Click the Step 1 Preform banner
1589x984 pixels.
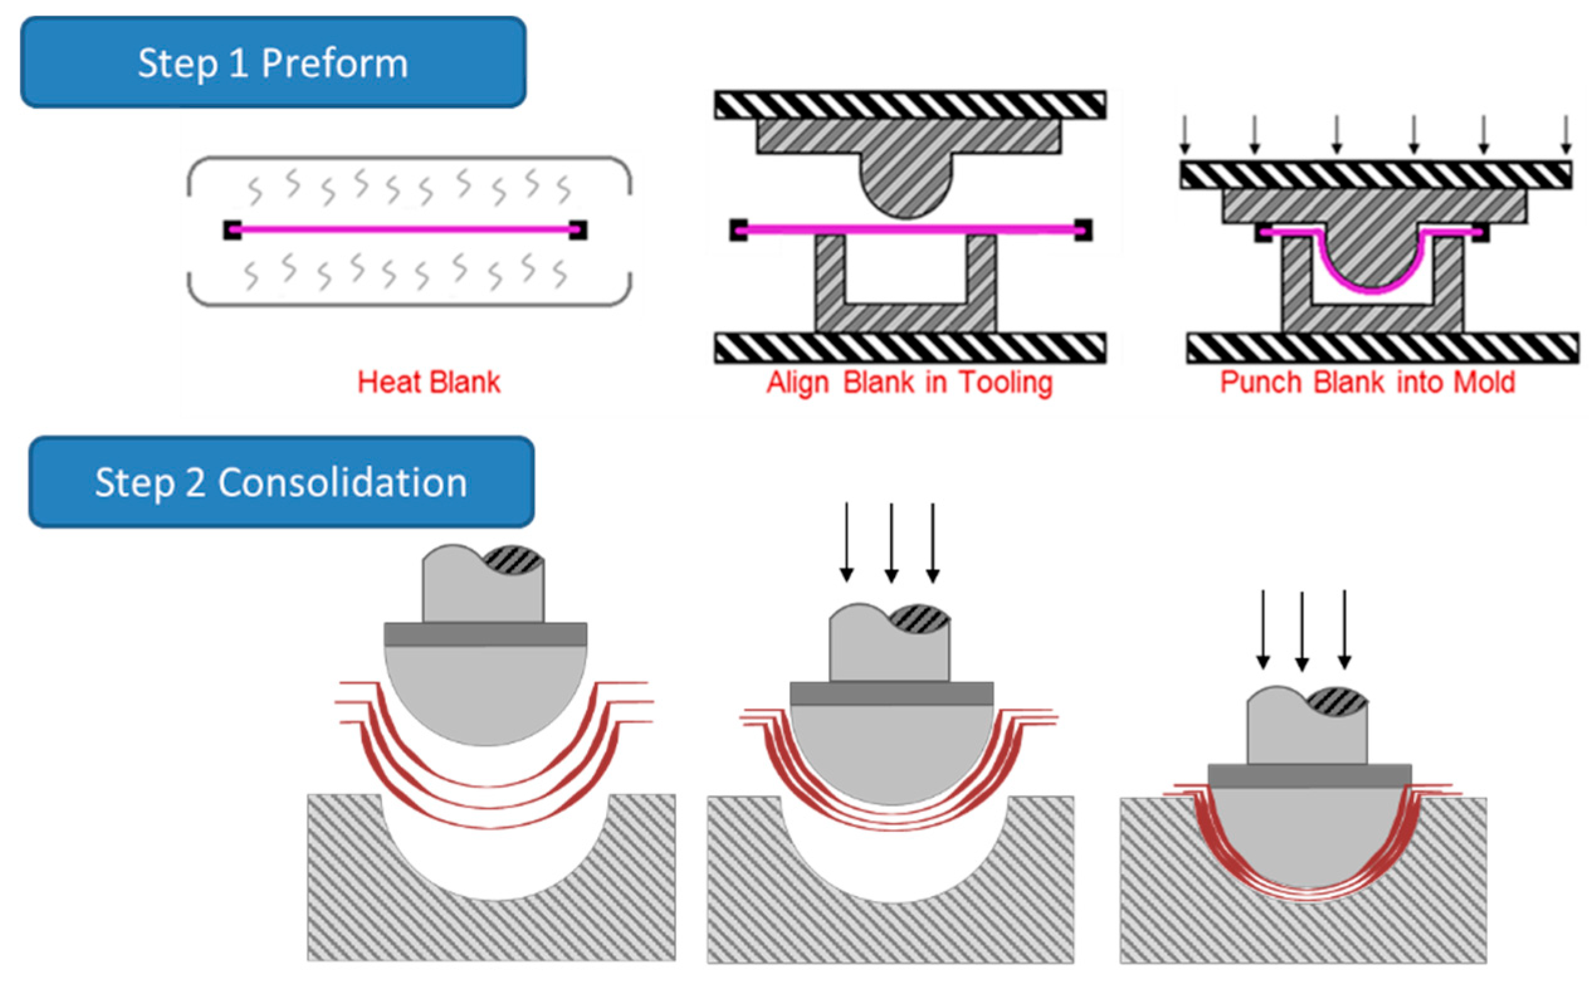273,62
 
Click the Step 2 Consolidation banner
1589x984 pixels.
281,482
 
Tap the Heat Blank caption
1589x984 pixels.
429,382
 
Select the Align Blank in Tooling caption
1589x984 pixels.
909,382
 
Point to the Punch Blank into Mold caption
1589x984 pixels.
1367,382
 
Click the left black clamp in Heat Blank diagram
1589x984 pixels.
232,230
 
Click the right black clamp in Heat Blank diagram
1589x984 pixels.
578,230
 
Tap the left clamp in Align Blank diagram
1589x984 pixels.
738,230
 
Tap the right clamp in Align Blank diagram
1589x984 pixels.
1083,230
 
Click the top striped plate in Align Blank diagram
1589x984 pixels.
910,105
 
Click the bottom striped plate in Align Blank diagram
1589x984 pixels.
910,347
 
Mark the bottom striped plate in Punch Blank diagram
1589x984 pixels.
1382,347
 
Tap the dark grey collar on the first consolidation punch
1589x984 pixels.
485,634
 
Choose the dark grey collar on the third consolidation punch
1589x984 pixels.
1309,776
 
